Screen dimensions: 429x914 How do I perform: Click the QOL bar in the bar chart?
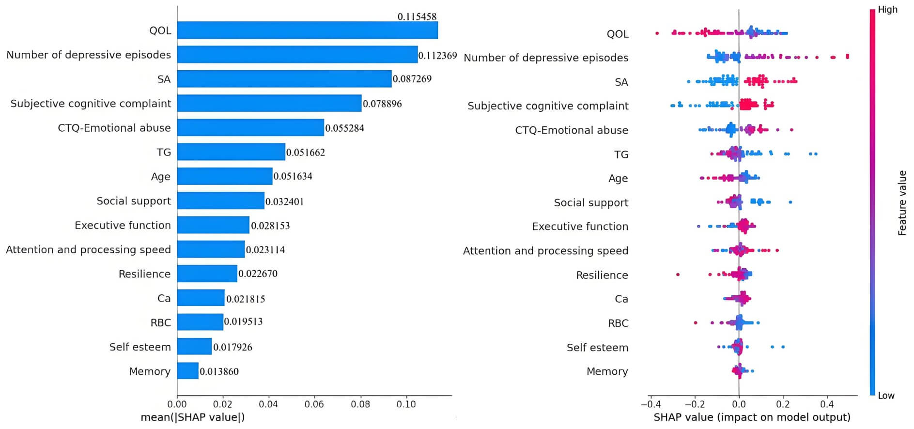click(307, 30)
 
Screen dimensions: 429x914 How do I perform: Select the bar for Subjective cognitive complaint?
click(269, 103)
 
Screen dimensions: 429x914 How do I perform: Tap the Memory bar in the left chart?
click(188, 371)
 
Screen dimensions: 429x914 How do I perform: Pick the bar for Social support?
click(221, 200)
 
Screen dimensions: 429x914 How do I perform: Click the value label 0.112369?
click(437, 56)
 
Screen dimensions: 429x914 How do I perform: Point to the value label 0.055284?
click(344, 128)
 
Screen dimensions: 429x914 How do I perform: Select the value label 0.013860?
click(219, 372)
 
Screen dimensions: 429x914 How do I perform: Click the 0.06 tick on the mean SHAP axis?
click(314, 404)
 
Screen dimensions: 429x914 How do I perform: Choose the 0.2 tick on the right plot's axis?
click(783, 404)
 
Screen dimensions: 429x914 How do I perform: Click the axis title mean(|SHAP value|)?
click(192, 417)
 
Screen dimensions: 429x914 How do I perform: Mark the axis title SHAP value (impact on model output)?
click(752, 417)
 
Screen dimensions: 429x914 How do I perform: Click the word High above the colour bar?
click(887, 10)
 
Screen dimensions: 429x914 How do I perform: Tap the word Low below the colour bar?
click(886, 396)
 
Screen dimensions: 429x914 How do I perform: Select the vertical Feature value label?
click(902, 203)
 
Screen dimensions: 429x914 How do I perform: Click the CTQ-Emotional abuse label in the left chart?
click(114, 128)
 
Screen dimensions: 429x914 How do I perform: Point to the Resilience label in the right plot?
click(602, 275)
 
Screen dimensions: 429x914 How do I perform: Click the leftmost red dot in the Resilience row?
click(678, 275)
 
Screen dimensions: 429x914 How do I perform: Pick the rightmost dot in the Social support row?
click(790, 202)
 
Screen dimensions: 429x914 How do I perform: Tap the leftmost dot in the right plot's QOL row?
click(657, 33)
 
